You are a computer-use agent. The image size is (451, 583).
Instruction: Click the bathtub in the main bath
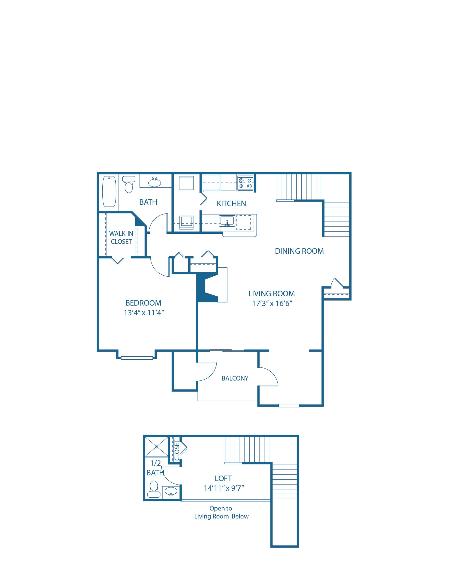tap(109, 191)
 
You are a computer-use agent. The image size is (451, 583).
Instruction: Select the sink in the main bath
tap(155, 182)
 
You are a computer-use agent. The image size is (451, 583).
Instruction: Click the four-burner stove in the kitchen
tap(245, 183)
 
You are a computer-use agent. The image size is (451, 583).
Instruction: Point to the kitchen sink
tap(227, 221)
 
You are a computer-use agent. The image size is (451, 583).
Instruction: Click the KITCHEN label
tap(231, 204)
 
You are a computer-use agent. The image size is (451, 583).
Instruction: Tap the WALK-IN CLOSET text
tap(121, 238)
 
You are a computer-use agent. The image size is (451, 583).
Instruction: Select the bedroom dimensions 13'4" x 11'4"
tap(144, 312)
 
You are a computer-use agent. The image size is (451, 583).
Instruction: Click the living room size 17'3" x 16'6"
tap(271, 304)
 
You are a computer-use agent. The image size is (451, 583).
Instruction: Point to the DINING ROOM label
tap(299, 251)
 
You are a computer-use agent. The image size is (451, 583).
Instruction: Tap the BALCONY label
tap(235, 378)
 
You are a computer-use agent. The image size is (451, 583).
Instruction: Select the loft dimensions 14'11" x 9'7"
tap(224, 488)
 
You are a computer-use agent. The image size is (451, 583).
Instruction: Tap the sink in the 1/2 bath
tap(171, 491)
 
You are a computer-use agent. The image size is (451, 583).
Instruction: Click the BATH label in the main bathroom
tap(148, 202)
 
